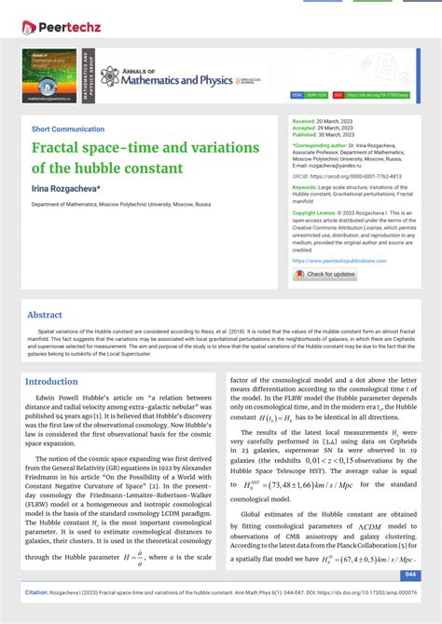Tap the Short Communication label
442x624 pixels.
click(x=67, y=129)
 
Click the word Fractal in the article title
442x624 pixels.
click(x=60, y=148)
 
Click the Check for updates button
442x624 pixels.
click(x=325, y=274)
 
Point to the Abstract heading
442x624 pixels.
click(x=45, y=315)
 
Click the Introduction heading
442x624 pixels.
click(x=51, y=381)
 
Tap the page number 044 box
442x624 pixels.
click(x=410, y=575)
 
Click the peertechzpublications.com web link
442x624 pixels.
click(x=339, y=261)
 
